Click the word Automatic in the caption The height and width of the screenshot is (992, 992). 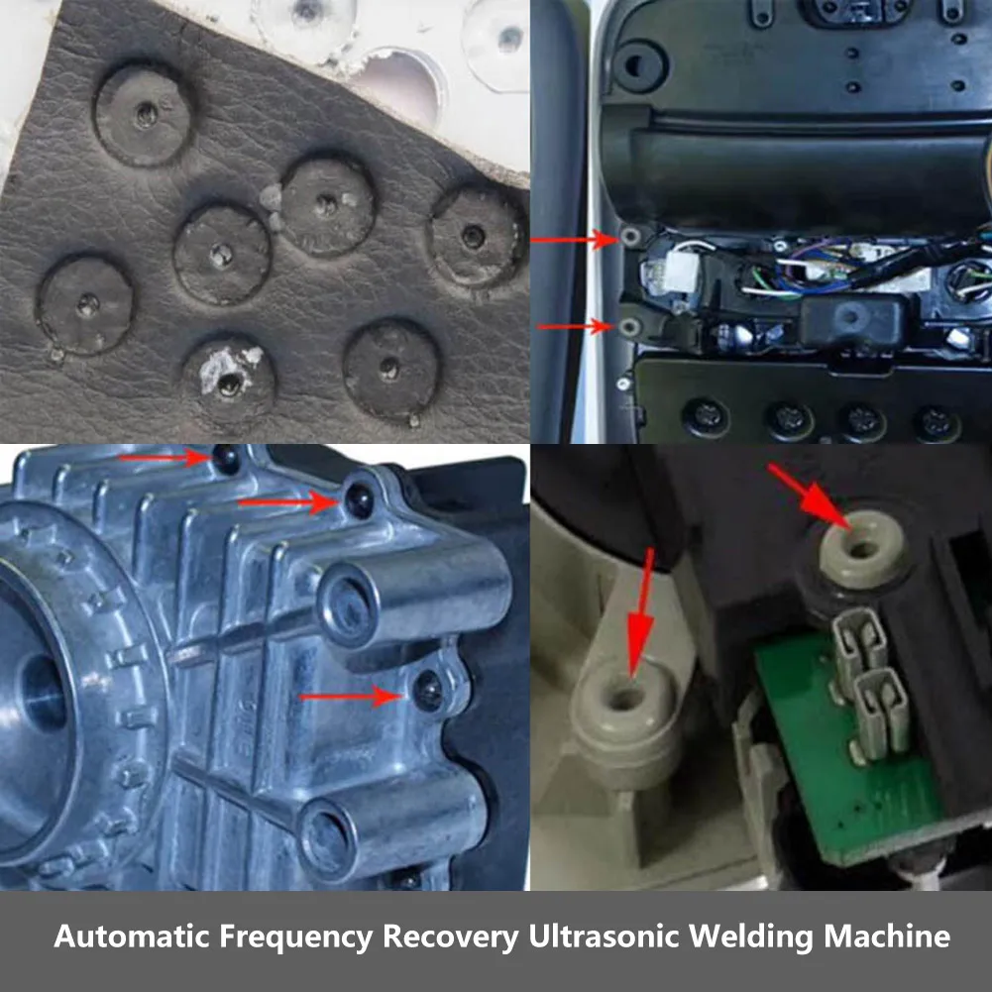tap(132, 936)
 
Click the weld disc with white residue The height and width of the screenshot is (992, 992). tap(229, 379)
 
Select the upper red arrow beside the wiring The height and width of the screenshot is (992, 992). tap(575, 240)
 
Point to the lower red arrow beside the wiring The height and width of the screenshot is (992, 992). tap(575, 326)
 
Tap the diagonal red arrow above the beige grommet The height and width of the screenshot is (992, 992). tap(810, 496)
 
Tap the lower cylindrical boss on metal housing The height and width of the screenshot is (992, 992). tap(392, 823)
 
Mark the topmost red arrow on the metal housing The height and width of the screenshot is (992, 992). tap(165, 457)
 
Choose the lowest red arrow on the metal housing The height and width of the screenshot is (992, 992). tap(351, 697)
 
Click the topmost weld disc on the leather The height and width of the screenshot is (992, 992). tap(145, 114)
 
